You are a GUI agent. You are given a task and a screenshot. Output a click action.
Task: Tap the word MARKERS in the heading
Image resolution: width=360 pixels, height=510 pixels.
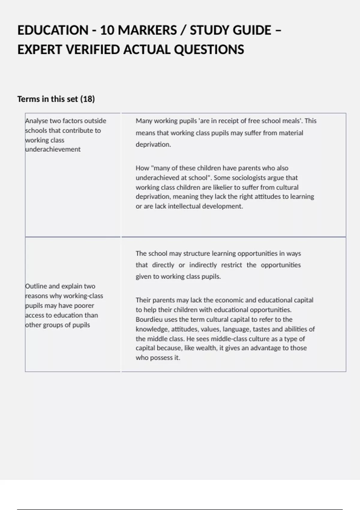[147, 30]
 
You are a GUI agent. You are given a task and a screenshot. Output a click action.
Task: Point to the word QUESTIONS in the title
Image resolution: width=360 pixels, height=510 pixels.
[209, 50]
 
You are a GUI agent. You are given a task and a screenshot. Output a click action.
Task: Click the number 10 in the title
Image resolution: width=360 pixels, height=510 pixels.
[106, 30]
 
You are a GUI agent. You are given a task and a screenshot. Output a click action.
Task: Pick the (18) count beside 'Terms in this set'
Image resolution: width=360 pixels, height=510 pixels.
[88, 99]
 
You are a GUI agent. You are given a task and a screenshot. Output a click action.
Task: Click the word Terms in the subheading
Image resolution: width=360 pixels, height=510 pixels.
[29, 99]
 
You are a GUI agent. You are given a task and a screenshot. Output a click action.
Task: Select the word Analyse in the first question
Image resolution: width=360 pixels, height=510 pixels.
[37, 121]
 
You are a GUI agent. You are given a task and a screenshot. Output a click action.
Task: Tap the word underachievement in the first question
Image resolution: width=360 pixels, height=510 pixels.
[53, 149]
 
